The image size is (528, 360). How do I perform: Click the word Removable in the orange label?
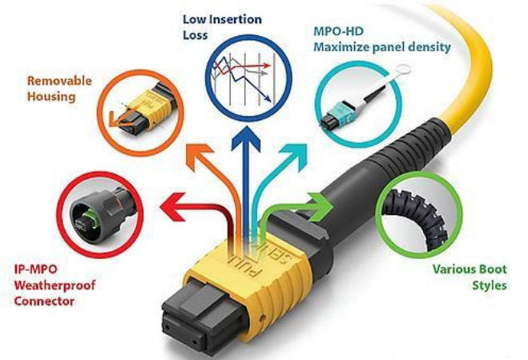point(58,81)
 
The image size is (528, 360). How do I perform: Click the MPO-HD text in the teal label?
point(337,33)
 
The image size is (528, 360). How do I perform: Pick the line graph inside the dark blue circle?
point(240,75)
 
